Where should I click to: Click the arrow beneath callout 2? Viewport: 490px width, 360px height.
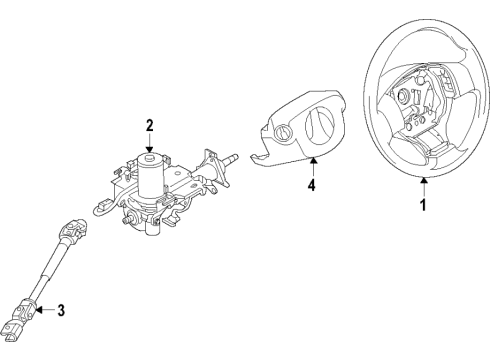(149, 144)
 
